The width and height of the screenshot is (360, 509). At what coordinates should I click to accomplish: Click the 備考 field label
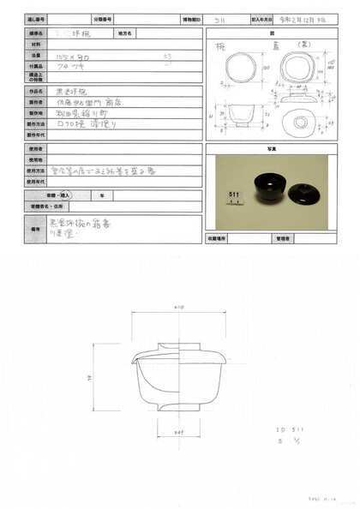tap(37, 230)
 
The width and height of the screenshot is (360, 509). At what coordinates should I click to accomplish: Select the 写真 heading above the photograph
tap(266, 147)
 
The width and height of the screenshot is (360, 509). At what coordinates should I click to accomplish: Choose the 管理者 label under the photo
tap(276, 238)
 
